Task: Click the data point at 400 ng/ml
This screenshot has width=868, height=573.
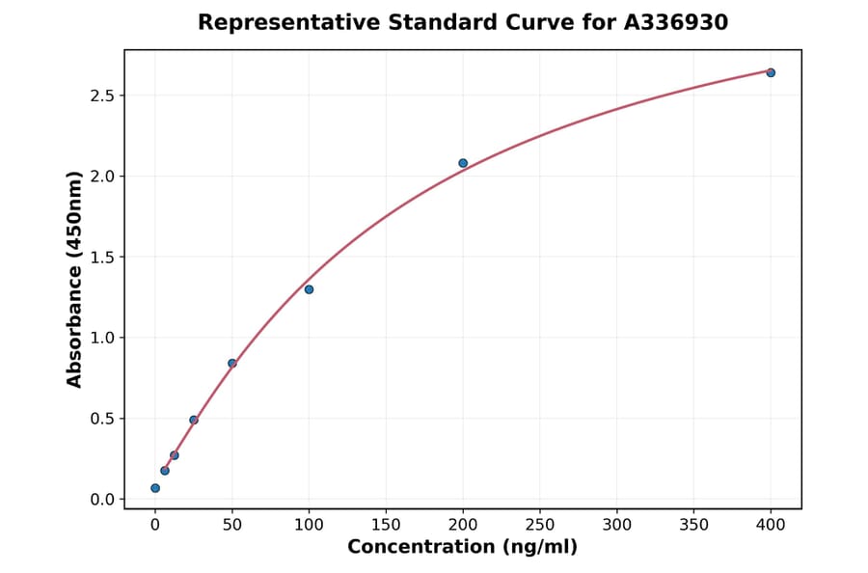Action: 771,72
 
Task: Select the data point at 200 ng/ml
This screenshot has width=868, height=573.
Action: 463,163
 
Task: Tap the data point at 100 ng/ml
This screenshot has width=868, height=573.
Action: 309,289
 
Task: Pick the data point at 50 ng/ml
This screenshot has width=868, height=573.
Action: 232,363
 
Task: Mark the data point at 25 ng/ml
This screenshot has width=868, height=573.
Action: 194,420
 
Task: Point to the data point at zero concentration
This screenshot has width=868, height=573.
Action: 155,488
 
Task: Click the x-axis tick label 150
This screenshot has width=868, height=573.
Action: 386,525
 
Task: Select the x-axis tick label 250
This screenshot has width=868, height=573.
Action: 540,525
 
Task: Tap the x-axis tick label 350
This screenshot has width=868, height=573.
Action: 693,525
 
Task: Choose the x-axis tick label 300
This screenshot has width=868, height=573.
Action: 617,525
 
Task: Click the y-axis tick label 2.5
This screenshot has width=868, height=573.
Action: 102,95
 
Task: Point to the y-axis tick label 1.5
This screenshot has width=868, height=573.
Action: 102,258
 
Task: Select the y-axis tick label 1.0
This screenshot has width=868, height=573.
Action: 102,338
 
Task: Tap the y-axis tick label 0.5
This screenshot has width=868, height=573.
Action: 102,419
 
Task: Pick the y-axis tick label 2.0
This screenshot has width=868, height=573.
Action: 102,177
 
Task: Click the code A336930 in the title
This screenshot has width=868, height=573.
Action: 675,22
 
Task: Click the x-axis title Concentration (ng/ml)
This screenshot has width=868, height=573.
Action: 463,548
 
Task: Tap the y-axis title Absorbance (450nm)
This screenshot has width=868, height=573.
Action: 75,279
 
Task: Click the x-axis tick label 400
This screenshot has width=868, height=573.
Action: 771,525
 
